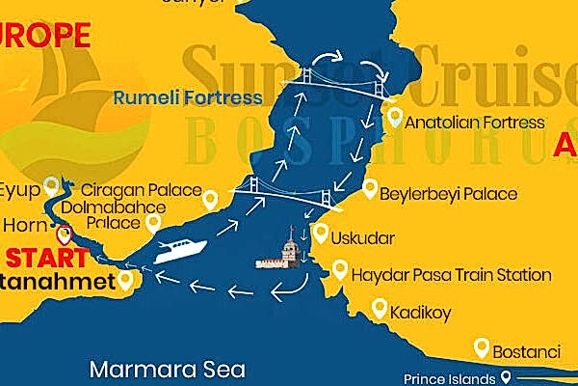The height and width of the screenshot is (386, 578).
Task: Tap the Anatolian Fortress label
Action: (474, 124)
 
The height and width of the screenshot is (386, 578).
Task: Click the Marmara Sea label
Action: (168, 369)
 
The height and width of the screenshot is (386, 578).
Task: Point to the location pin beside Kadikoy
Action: (380, 309)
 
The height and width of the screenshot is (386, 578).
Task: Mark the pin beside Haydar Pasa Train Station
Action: (339, 271)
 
